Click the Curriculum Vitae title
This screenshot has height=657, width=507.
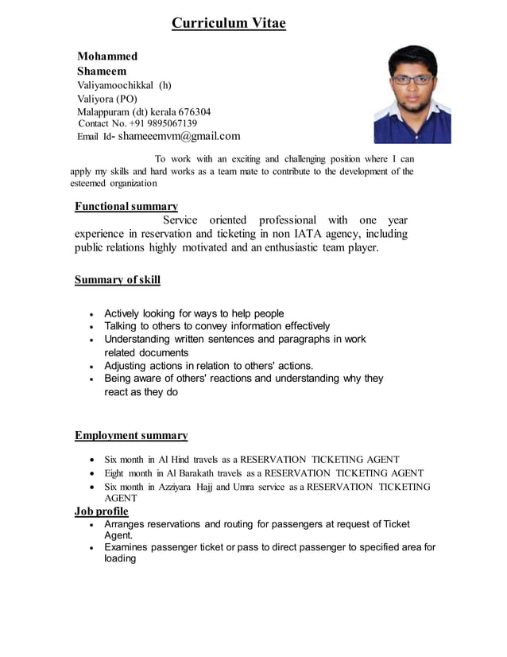coord(229,23)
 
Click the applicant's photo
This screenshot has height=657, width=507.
coord(412,94)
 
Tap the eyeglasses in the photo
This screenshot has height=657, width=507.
coord(412,79)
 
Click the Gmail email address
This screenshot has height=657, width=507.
coord(179,136)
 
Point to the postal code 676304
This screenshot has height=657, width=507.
coord(194,111)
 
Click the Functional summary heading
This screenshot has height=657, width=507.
coord(126,206)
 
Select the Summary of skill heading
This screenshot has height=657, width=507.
coord(117,280)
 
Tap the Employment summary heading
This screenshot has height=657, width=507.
coord(131,435)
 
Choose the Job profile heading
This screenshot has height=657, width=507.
coord(101,511)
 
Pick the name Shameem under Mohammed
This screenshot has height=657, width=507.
coord(102,71)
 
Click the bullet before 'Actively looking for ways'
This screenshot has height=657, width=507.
coord(94,314)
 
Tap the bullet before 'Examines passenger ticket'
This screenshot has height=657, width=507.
coord(95,548)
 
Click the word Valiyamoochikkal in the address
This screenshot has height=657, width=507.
coord(115,85)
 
